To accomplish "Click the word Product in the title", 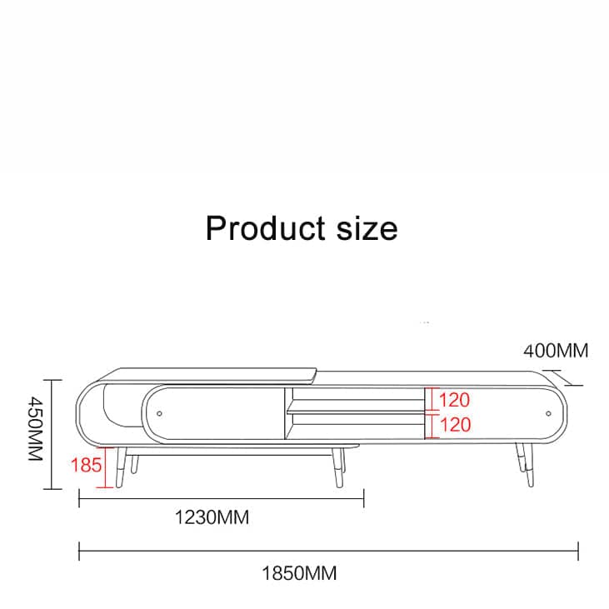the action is (265, 228).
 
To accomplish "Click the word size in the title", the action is (367, 229).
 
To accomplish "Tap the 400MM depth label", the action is (556, 351).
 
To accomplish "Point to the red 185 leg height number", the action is (86, 465).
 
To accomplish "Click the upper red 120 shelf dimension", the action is (454, 400).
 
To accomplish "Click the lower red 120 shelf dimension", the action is (455, 425).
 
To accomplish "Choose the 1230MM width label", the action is (212, 517).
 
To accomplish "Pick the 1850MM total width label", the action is (299, 573).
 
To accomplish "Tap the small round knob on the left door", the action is (159, 414).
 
